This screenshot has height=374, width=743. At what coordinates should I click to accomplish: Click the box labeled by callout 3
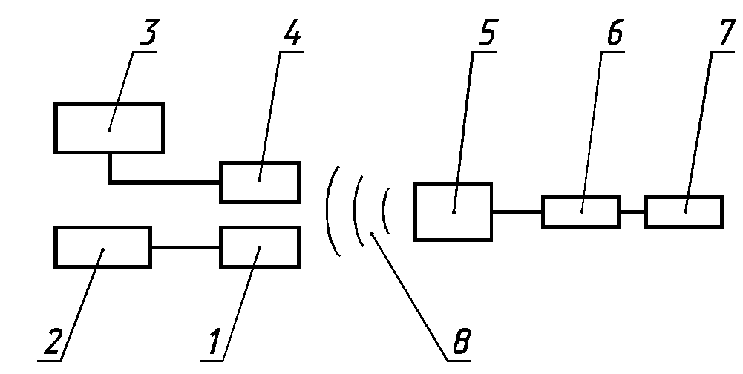coord(109,128)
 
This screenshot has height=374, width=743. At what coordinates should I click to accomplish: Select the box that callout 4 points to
coord(260,182)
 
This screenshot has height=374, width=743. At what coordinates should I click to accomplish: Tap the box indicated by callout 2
coord(102,248)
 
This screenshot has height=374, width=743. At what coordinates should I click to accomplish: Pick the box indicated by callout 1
coord(260,248)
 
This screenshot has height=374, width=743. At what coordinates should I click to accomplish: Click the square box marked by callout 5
coord(453,211)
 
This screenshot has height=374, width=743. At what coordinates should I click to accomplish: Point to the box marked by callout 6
coord(580,211)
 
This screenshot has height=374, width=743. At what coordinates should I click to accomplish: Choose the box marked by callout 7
coord(684,211)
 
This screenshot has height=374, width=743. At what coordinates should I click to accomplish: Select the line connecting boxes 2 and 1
coord(186,248)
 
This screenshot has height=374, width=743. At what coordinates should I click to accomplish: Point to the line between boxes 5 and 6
coord(517,211)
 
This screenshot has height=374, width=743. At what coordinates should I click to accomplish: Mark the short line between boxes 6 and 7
coord(632,211)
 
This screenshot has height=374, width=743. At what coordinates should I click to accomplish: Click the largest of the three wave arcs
coord(327,211)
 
